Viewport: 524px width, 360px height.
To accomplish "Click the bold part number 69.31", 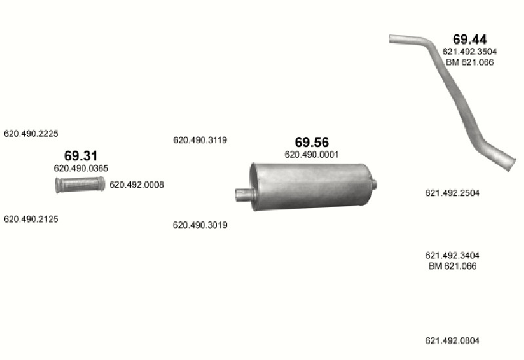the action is (x=81, y=156).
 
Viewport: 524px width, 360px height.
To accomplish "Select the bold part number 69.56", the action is (x=312, y=142).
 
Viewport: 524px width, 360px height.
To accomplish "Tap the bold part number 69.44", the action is (x=470, y=39).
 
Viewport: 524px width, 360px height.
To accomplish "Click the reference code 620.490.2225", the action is (x=31, y=134).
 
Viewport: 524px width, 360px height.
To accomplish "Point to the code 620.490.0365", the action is (x=81, y=168).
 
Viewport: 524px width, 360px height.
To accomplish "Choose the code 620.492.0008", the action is (x=137, y=185).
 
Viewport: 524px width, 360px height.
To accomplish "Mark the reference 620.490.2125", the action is (x=31, y=219).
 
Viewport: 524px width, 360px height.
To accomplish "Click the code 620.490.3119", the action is (x=200, y=140).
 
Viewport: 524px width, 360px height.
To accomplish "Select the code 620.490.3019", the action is (x=200, y=225).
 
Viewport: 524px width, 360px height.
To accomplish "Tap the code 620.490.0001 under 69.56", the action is (x=312, y=154).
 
